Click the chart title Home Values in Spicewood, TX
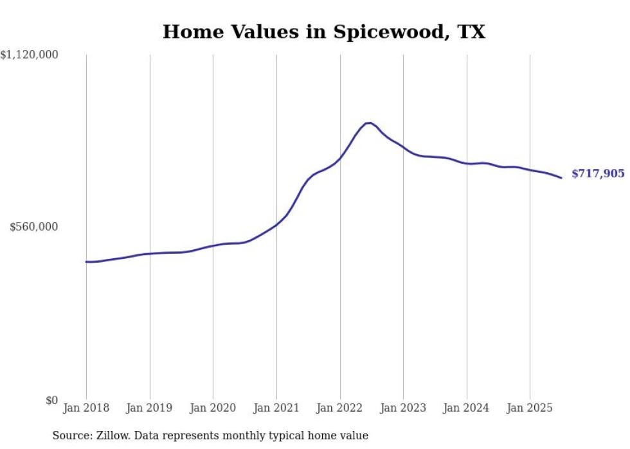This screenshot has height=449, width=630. coord(323,31)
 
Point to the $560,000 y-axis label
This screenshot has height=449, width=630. coord(34,227)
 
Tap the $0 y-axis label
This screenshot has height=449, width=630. coord(51,400)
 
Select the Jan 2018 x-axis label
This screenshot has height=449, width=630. coord(86,408)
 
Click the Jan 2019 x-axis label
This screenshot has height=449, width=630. coord(150,408)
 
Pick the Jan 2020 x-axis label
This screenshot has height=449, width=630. coord(213,408)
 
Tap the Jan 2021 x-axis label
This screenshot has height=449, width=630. coord(276,408)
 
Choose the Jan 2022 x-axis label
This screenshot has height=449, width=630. coord(340,408)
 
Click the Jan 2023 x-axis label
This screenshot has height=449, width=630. coord(403,408)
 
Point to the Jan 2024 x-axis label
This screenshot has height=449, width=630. coord(467,408)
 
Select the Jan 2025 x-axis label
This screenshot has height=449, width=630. coord(530,408)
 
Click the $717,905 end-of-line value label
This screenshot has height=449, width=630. coord(598,173)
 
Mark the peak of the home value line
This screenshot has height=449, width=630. coord(368,123)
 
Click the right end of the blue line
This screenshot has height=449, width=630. coord(561,178)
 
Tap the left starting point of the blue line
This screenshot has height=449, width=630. coord(86,261)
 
